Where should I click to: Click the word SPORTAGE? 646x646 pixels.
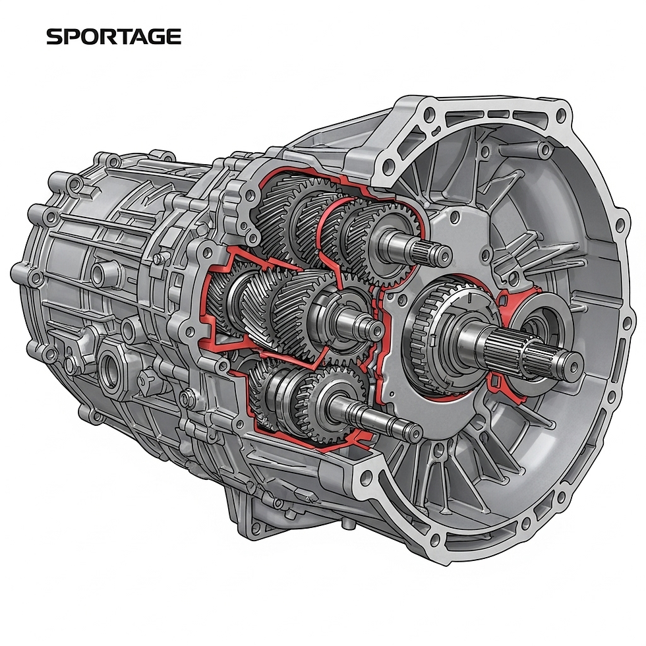point(113,37)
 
